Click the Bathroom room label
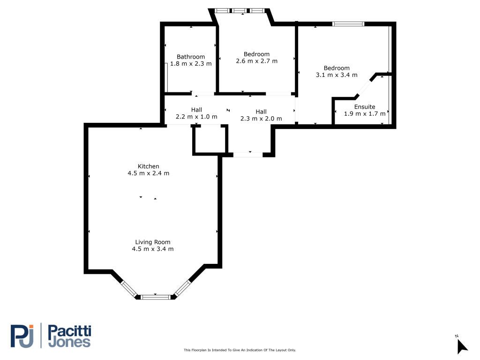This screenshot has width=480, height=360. (191, 57)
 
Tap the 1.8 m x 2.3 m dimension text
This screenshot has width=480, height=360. (191, 64)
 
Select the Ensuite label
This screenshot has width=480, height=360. (365, 107)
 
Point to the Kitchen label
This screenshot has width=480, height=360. (149, 166)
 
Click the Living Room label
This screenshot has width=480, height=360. (153, 242)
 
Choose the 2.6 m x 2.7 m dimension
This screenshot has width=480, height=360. (256, 61)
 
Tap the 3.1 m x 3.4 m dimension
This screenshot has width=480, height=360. (337, 75)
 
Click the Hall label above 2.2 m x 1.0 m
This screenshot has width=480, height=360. (196, 110)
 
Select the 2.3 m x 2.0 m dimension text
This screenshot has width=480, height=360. (261, 119)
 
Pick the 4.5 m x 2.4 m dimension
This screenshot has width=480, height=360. (149, 173)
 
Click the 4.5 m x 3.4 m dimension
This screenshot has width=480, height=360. (153, 249)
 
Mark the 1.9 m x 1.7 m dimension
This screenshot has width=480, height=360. (365, 113)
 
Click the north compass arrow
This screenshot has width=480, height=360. (462, 347)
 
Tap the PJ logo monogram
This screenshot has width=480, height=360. (22, 336)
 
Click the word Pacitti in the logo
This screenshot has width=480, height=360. (70, 331)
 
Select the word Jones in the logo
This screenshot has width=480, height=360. (70, 342)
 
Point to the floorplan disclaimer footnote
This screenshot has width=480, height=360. (240, 350)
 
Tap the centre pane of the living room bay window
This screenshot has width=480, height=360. (156, 297)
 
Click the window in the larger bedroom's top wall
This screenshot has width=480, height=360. (349, 24)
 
